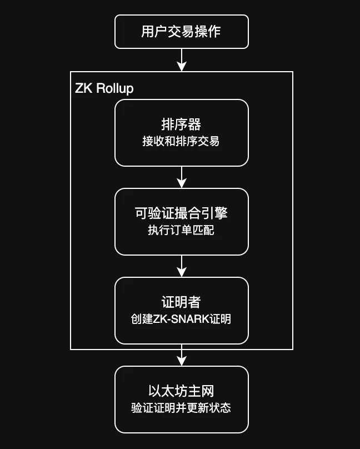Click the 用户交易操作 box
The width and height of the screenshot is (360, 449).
[181, 32]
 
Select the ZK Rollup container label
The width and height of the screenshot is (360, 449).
[104, 88]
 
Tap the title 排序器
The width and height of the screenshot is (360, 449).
[181, 124]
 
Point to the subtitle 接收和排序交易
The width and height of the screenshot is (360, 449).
[181, 141]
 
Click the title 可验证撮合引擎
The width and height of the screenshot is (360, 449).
[181, 213]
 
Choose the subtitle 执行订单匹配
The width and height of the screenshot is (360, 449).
[181, 230]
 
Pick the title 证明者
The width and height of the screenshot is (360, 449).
[181, 302]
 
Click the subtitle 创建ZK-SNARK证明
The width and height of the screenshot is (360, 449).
[181, 319]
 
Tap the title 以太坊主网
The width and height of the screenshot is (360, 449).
[181, 391]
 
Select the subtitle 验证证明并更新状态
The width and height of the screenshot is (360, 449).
[181, 408]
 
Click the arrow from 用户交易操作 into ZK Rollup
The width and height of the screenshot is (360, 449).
[181, 60]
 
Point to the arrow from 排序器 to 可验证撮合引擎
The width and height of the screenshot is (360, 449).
[181, 177]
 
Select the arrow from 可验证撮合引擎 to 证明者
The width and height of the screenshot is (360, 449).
[181, 266]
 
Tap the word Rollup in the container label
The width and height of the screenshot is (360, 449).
[115, 88]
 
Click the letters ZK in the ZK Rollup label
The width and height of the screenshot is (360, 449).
[83, 88]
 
